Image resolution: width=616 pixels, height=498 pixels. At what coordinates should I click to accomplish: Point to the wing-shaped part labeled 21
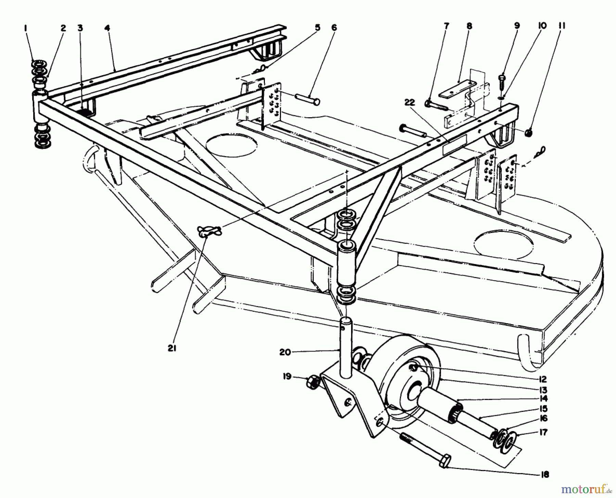tap(209, 231)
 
